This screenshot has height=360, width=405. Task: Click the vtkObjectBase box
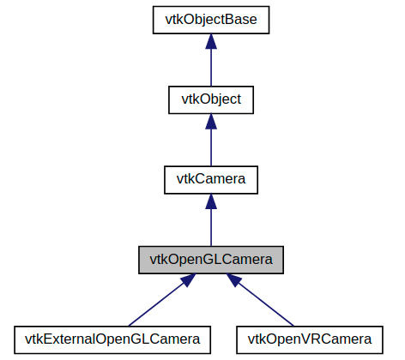210,21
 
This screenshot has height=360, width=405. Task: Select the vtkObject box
210,99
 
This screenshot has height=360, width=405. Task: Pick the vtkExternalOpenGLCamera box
113,338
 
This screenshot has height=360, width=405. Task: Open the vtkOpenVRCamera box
309,338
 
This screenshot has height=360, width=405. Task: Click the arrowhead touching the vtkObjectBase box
210,43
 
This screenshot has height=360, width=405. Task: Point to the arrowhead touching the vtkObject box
210,122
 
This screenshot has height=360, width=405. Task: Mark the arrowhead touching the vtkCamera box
210,201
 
